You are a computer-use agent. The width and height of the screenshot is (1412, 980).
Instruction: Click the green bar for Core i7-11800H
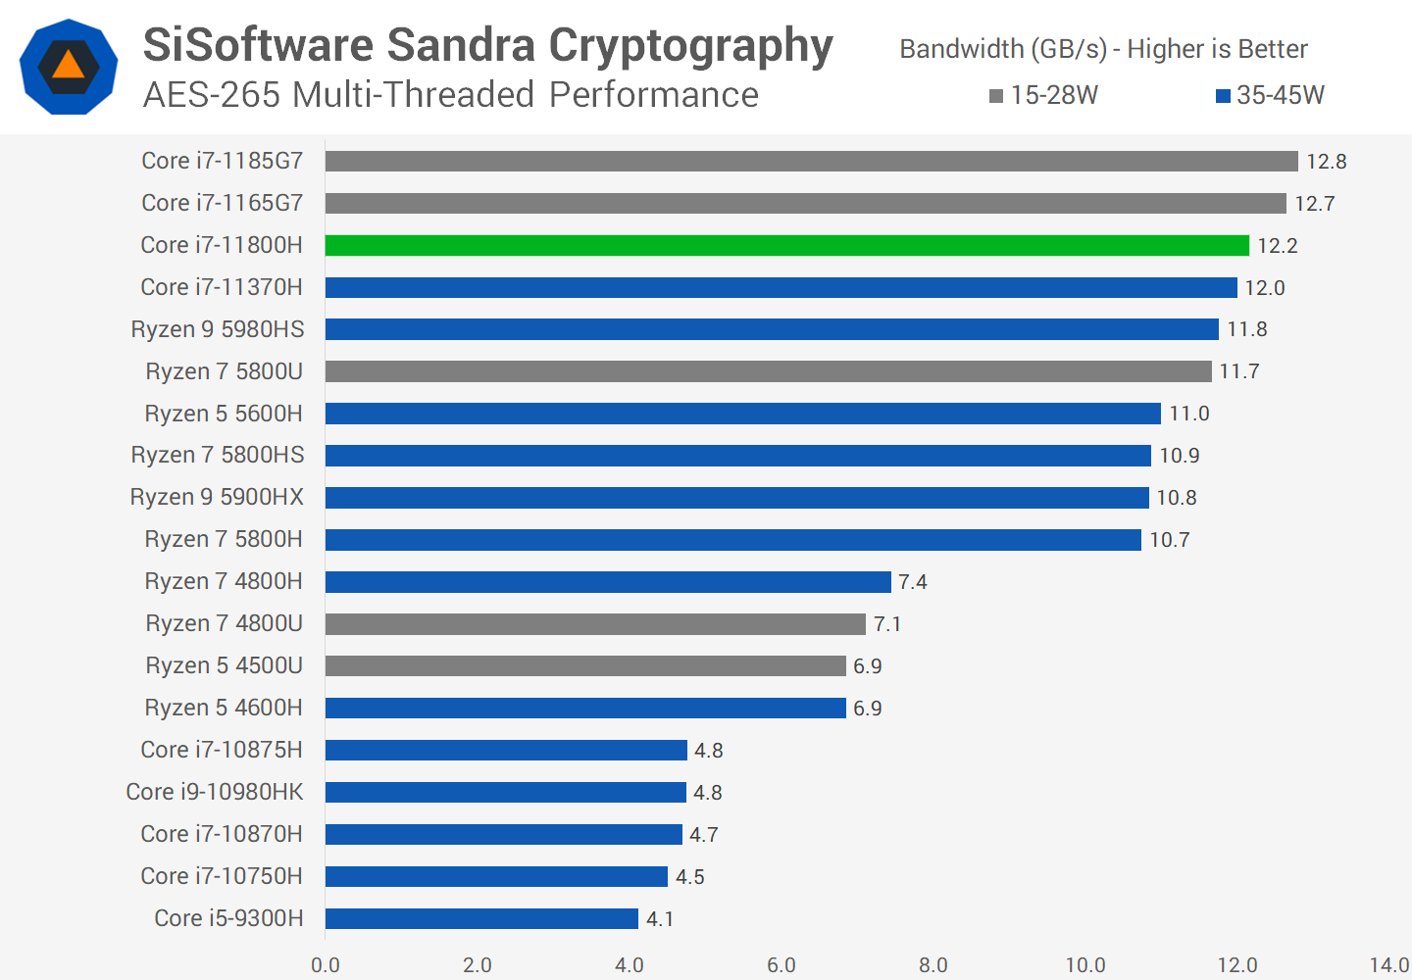(x=786, y=245)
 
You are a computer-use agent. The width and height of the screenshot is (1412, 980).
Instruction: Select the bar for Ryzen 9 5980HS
(x=772, y=329)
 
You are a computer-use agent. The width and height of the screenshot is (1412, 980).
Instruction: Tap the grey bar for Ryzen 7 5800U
(x=768, y=371)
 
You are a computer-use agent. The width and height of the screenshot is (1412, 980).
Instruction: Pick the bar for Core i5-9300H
(x=481, y=918)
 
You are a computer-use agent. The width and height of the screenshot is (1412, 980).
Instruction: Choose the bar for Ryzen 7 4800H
(x=608, y=582)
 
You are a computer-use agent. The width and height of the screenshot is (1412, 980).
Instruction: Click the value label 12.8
(x=1326, y=162)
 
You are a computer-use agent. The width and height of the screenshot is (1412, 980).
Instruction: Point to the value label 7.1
(x=887, y=624)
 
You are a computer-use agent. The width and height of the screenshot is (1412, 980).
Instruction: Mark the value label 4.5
(x=689, y=877)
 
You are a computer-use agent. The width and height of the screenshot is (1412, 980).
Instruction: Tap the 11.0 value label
(x=1188, y=414)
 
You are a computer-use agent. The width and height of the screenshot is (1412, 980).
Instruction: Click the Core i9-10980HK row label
(x=215, y=792)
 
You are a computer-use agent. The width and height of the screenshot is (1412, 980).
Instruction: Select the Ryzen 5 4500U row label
(x=224, y=665)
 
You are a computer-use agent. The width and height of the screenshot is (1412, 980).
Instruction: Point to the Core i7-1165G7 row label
(x=222, y=203)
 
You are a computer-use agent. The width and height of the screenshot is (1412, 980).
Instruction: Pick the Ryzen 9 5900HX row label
(x=217, y=497)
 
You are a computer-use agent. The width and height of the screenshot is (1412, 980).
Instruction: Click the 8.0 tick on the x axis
(x=933, y=964)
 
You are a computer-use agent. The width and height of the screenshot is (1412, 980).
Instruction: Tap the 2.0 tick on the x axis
(x=477, y=964)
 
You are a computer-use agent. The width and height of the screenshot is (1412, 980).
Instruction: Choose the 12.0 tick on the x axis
(x=1236, y=964)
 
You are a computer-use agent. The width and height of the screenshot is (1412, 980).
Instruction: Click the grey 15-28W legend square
(x=996, y=96)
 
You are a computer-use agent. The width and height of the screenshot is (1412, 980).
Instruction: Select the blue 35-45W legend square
(x=1223, y=96)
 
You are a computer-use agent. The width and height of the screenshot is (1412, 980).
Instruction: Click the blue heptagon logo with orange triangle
(x=69, y=67)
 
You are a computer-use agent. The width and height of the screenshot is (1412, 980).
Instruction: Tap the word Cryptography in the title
(x=690, y=45)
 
